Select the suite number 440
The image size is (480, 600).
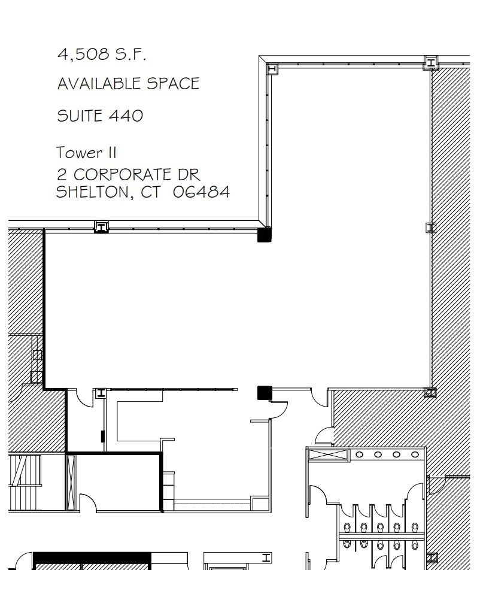[x=126, y=115]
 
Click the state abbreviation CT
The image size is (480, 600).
[x=152, y=192]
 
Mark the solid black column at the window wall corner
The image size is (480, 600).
[x=264, y=234]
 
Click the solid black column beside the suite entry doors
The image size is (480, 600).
[x=265, y=392]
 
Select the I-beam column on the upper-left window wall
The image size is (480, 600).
[x=102, y=226]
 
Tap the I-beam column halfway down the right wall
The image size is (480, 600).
[x=430, y=227]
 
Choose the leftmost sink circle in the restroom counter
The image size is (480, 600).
[x=359, y=455]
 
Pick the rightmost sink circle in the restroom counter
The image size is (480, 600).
[x=415, y=455]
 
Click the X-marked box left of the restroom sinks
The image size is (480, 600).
[x=327, y=454]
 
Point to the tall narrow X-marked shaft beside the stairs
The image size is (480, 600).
[x=71, y=483]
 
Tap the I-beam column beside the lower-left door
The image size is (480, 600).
[x=101, y=393]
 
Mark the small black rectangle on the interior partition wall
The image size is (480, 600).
[x=103, y=436]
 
